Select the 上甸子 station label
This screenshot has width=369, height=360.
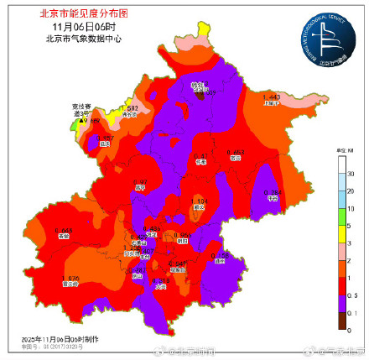273,104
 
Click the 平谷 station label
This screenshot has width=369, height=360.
271,201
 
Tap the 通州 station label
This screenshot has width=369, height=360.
220,260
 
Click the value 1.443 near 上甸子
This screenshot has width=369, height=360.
272,97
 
